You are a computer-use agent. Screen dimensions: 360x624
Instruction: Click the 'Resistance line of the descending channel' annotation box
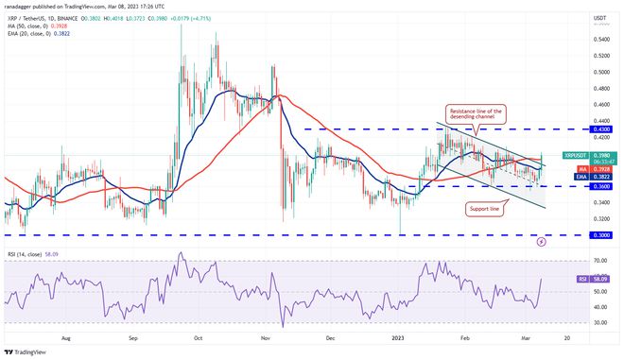coord(478,115)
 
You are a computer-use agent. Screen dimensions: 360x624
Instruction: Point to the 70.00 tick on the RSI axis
coord(600,260)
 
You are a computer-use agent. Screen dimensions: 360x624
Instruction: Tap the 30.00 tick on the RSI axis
coord(600,323)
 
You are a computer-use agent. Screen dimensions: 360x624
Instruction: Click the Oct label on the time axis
coord(199,335)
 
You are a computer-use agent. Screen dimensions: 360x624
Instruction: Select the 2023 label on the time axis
coord(401,335)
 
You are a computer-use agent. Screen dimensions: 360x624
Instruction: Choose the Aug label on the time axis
coord(66,335)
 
